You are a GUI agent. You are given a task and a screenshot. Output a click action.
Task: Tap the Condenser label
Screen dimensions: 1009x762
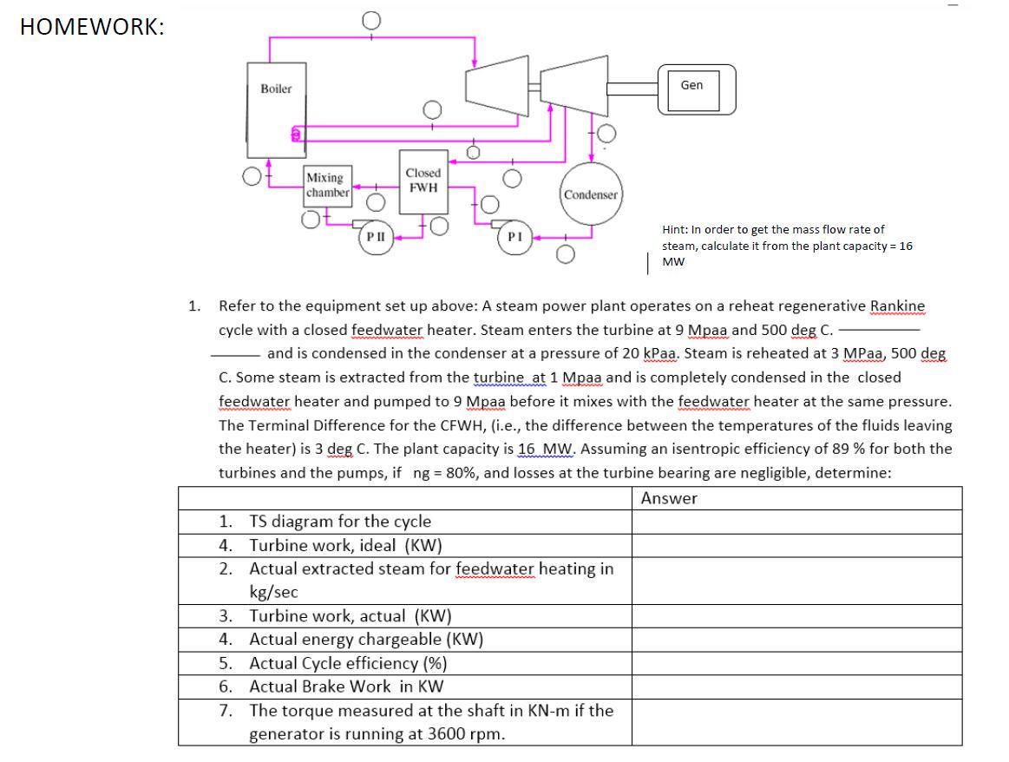pos(590,194)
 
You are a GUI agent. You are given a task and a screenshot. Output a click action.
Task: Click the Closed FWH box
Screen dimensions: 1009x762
pos(423,181)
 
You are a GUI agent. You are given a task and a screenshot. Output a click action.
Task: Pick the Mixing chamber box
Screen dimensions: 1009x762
pos(327,185)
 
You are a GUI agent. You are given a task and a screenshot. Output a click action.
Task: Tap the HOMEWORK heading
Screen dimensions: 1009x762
pos(91,26)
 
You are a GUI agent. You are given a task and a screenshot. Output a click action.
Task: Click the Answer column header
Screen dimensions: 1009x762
pos(669,498)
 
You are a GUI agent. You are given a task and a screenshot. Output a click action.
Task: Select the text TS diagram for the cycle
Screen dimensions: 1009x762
pos(339,522)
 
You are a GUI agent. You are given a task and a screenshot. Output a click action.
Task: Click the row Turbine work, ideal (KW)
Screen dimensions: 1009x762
pos(345,545)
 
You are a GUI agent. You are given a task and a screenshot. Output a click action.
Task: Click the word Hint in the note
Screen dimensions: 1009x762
pos(674,230)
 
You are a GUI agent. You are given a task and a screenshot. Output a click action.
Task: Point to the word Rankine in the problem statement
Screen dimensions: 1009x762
pos(897,305)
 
